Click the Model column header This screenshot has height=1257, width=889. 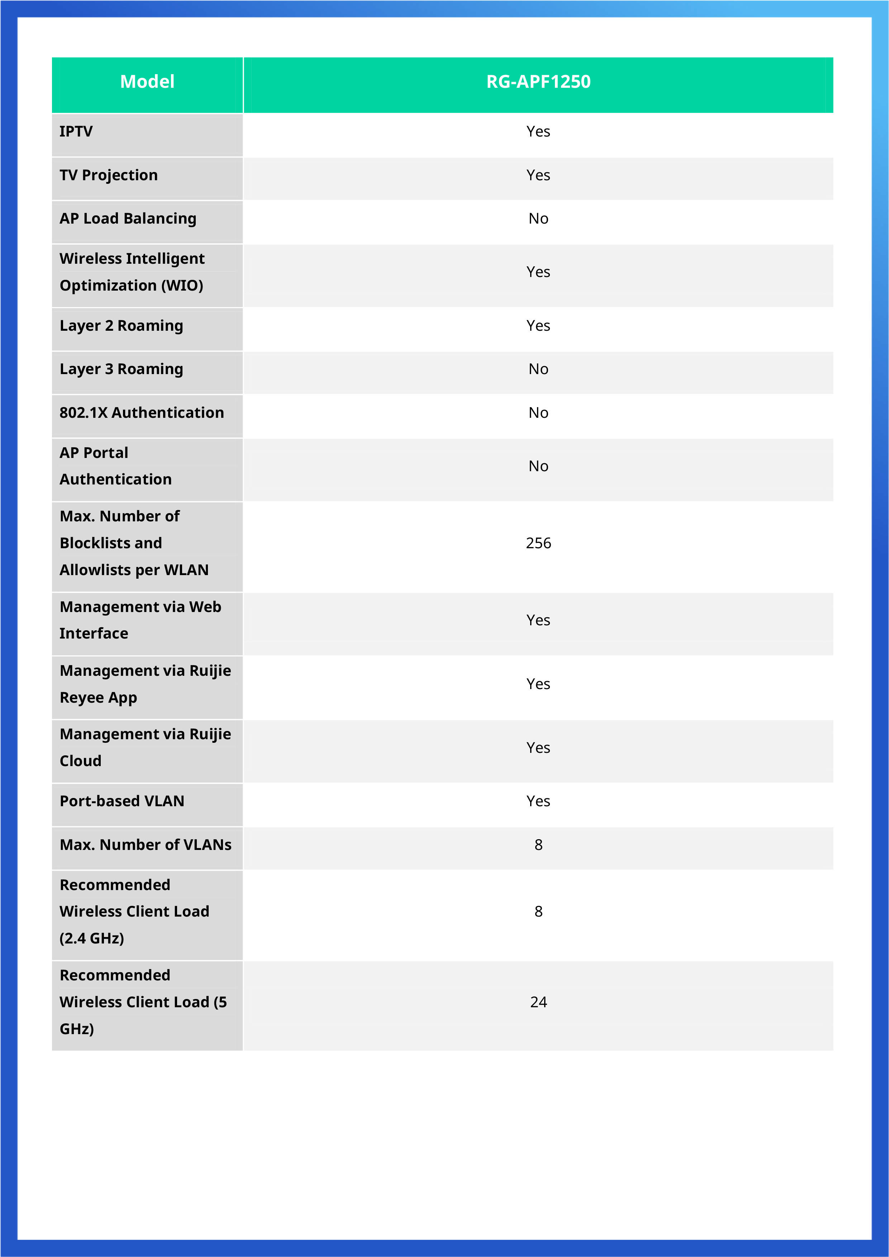(x=147, y=82)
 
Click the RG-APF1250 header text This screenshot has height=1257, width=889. (x=538, y=82)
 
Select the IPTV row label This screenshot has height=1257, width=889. (x=76, y=132)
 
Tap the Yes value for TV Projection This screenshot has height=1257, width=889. (x=538, y=175)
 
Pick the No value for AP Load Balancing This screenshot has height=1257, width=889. (x=538, y=219)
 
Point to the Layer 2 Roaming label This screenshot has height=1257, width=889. (x=121, y=326)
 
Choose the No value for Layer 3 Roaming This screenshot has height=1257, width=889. (x=538, y=369)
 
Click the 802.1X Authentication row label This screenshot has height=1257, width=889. (x=141, y=413)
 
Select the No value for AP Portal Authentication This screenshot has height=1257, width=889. (x=538, y=466)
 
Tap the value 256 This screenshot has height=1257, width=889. (x=538, y=543)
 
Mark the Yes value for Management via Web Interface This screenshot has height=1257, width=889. (x=538, y=620)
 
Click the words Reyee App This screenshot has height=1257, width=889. (x=98, y=698)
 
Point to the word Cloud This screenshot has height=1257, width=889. (x=81, y=761)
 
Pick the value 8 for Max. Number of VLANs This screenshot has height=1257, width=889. (x=538, y=845)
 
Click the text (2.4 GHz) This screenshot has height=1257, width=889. (x=91, y=938)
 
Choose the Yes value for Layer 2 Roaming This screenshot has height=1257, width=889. (x=538, y=326)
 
